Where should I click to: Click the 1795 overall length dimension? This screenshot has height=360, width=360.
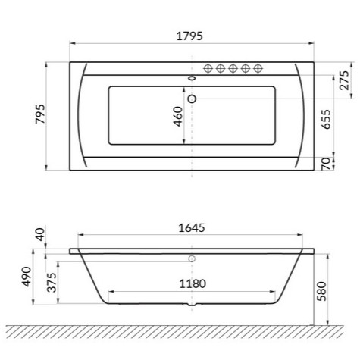click(x=189, y=36)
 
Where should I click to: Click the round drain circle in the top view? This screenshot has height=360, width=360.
click(x=191, y=98)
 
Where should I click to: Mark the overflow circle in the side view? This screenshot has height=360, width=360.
click(x=191, y=258)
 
